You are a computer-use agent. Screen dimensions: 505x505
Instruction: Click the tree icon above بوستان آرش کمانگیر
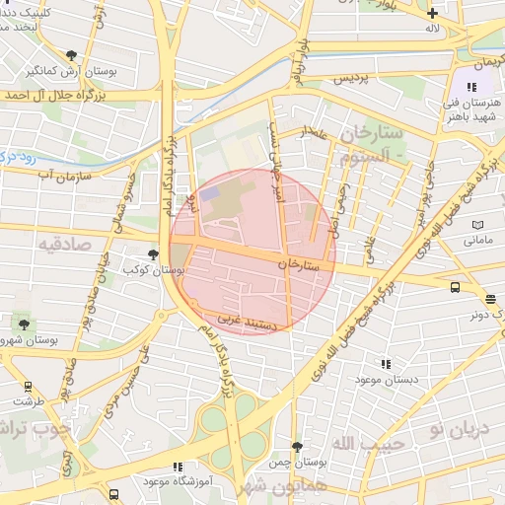pyautogui.click(x=70, y=55)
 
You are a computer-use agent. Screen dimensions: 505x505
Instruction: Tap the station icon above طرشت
pyautogui.click(x=27, y=387)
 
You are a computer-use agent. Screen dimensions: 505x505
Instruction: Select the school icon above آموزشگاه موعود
pyautogui.click(x=177, y=467)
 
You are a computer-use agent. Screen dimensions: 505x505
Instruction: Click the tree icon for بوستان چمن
pyautogui.click(x=297, y=447)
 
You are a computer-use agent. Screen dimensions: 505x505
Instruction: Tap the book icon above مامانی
pyautogui.click(x=477, y=225)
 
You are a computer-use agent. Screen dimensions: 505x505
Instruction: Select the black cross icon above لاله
pyautogui.click(x=431, y=13)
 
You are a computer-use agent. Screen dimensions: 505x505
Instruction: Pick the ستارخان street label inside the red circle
pyautogui.click(x=300, y=264)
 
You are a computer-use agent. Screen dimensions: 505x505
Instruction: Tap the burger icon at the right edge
pyautogui.click(x=490, y=299)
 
